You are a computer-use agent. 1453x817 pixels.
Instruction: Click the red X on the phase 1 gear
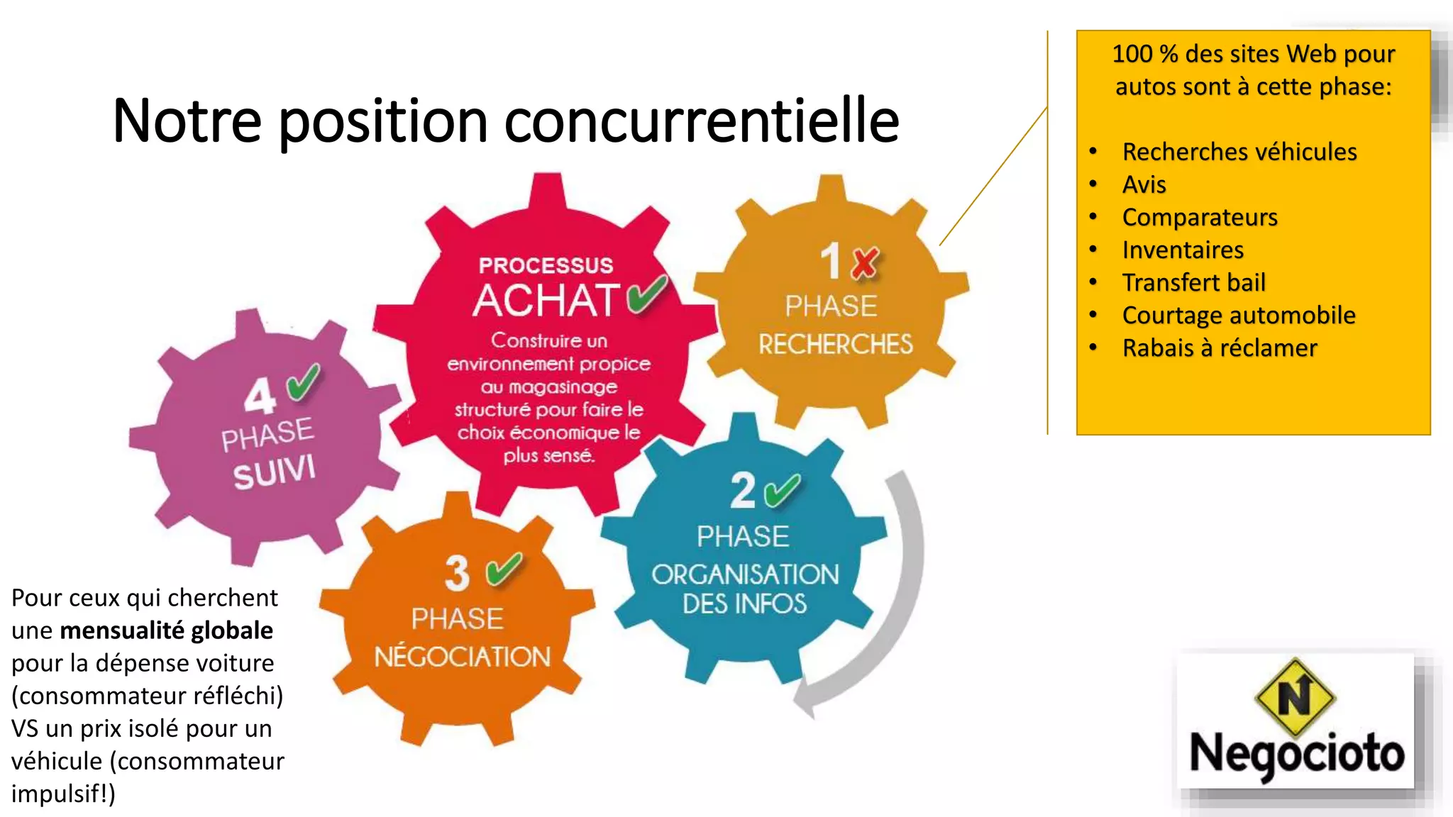864,262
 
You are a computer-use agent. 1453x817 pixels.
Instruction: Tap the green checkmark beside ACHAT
646,294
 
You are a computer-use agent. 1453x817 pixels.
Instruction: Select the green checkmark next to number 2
782,491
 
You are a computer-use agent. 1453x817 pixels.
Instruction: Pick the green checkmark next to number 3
504,569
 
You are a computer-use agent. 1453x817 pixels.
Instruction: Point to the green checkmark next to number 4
303,382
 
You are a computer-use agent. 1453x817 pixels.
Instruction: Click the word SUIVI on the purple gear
274,472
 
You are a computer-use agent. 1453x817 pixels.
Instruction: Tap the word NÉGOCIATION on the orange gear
462,657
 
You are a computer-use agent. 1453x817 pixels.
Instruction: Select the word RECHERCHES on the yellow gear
835,345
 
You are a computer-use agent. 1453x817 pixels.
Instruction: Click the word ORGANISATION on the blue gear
745,574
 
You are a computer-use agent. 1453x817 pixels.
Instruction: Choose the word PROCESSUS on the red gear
546,265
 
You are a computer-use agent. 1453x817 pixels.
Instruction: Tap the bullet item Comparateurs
1199,217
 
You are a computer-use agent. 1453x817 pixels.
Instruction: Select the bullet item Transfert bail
1193,282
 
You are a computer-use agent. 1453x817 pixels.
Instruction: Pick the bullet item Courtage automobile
1238,315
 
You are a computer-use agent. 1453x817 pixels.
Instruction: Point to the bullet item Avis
1144,184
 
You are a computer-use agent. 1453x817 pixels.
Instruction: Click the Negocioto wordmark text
1296,754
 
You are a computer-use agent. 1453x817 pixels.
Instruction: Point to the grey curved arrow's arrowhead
807,702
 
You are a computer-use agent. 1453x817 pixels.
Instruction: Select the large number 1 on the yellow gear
830,261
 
